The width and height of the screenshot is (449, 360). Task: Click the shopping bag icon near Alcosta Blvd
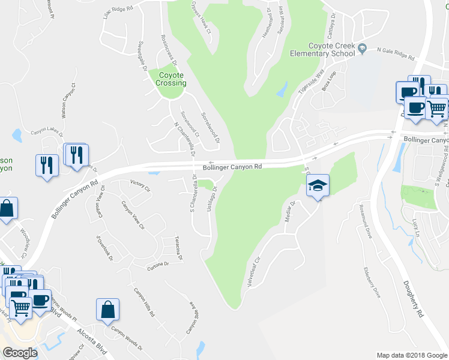click(x=107, y=310)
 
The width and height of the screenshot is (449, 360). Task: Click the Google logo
click(x=20, y=353)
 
